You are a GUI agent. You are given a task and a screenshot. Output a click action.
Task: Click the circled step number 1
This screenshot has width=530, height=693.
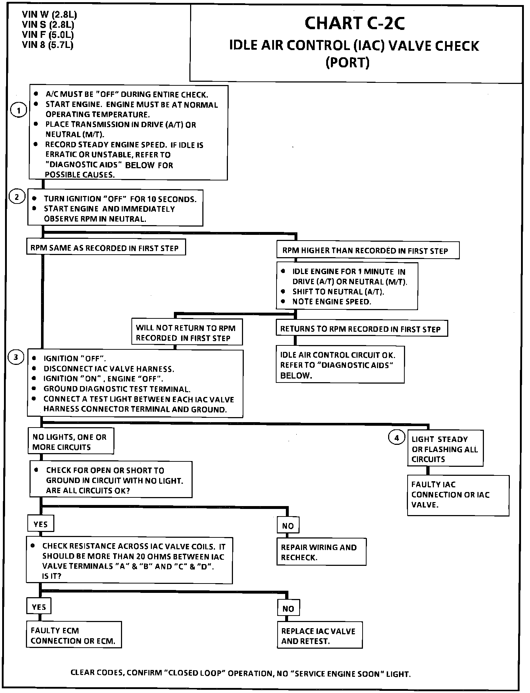[18, 110]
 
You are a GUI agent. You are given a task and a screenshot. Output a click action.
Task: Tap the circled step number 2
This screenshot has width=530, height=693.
[17, 197]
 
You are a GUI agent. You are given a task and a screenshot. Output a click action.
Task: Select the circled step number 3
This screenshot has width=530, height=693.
[16, 357]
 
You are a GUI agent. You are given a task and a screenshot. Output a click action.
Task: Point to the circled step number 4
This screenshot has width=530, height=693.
[396, 438]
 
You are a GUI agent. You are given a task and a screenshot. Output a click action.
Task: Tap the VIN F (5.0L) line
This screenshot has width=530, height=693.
[48, 35]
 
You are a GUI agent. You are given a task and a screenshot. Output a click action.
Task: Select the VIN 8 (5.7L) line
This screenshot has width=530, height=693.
[48, 45]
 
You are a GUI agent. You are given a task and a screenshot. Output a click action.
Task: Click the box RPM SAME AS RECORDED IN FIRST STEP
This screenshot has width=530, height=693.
[105, 248]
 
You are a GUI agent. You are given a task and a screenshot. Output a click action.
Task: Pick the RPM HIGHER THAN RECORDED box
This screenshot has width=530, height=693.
[367, 251]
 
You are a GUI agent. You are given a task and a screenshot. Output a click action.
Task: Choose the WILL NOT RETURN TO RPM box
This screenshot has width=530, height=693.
[187, 332]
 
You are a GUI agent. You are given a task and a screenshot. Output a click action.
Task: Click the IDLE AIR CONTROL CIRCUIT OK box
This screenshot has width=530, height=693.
[340, 365]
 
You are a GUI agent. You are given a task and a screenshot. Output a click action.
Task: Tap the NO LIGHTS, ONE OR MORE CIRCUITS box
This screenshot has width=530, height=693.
[71, 442]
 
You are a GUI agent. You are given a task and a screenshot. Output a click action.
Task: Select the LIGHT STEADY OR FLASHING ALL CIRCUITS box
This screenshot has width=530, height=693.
[445, 449]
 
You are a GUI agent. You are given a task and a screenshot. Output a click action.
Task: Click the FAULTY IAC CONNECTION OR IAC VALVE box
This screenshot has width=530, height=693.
[458, 495]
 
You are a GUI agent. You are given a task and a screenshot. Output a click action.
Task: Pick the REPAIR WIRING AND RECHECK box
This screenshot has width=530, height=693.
[321, 552]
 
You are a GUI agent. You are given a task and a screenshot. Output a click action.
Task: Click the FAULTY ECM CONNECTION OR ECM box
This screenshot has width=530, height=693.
[73, 635]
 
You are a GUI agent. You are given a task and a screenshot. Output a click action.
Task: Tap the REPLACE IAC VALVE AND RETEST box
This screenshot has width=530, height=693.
[319, 636]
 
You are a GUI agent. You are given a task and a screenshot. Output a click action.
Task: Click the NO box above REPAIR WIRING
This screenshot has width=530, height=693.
[288, 526]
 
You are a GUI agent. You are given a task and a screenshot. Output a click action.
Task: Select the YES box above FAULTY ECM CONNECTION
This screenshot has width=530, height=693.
[39, 607]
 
